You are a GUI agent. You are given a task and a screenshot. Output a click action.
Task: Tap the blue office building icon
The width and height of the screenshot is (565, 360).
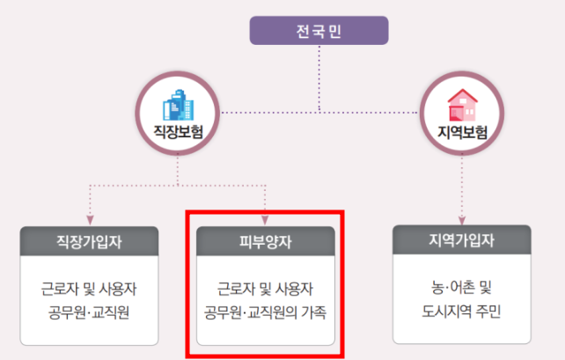pyautogui.click(x=178, y=107)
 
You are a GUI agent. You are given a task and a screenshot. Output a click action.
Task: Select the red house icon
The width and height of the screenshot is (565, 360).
pyautogui.click(x=462, y=106)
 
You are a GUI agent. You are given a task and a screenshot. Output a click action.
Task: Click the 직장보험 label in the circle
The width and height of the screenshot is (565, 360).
pyautogui.click(x=178, y=135)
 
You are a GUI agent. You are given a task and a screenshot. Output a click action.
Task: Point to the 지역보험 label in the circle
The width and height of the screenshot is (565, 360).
pyautogui.click(x=462, y=135)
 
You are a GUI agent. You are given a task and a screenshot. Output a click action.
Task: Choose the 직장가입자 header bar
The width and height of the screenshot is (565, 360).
pyautogui.click(x=89, y=239)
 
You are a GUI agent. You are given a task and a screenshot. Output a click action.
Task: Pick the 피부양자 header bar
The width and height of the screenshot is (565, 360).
pyautogui.click(x=265, y=239)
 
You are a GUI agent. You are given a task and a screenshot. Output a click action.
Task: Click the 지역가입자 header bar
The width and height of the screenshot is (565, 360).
pyautogui.click(x=462, y=239)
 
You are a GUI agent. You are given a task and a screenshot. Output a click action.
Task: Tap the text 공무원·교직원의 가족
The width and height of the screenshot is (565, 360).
pyautogui.click(x=265, y=312)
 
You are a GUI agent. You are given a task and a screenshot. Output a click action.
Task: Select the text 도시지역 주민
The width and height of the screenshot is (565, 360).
pyautogui.click(x=462, y=311)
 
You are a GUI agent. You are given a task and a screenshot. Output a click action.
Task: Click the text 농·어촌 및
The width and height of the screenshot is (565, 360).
pyautogui.click(x=462, y=288)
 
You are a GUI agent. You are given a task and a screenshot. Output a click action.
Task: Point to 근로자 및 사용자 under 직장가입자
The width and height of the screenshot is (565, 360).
pyautogui.click(x=89, y=289)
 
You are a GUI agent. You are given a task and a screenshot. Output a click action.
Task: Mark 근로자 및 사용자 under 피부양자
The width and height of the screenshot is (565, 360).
pyautogui.click(x=265, y=289)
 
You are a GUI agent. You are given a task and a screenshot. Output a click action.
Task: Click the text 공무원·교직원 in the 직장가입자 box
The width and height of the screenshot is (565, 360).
pyautogui.click(x=89, y=312)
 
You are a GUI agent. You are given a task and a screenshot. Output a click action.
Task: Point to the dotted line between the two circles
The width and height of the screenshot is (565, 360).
pyautogui.click(x=319, y=112)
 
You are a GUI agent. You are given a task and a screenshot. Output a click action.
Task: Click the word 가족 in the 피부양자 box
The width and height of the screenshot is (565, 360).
pyautogui.click(x=312, y=312)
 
